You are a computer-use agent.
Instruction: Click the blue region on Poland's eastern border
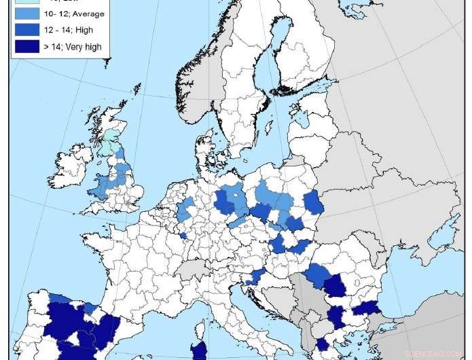point(314,202)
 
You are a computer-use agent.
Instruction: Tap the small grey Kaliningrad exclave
point(293,162)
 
